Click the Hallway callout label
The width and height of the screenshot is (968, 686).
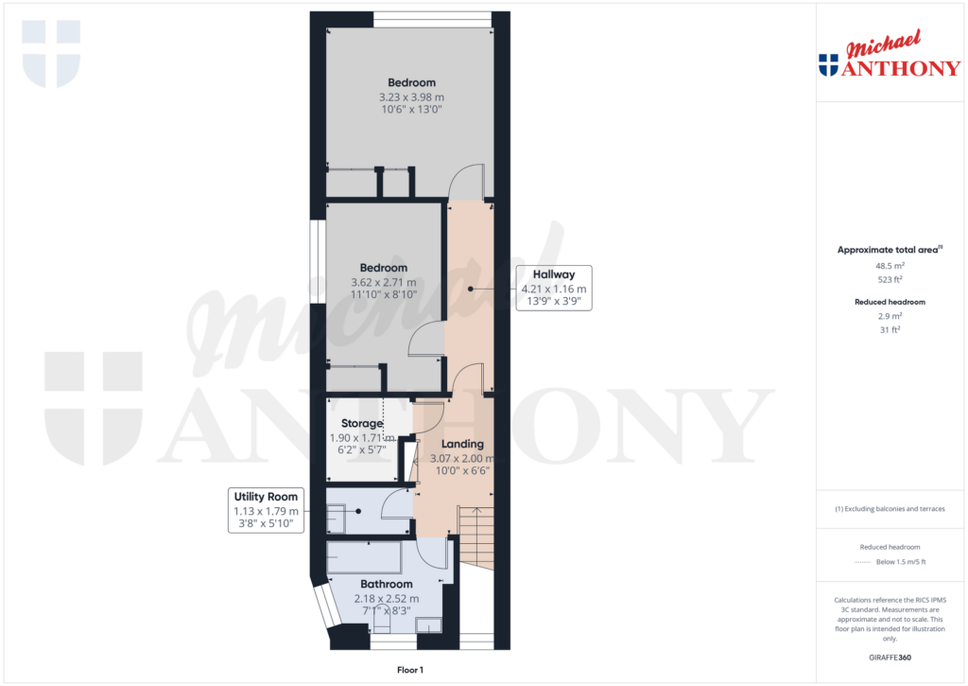(553, 275)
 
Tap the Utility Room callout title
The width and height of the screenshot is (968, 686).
(266, 497)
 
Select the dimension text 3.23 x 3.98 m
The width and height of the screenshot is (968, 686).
(411, 97)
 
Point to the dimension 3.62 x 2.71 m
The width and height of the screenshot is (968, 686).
(385, 282)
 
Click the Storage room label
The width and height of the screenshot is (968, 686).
(355, 424)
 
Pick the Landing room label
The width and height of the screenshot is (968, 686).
(462, 444)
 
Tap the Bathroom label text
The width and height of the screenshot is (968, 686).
(386, 585)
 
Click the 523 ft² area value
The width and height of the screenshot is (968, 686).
(889, 280)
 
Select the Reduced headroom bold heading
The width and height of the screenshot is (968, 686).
(889, 302)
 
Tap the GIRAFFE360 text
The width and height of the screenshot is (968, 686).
(890, 657)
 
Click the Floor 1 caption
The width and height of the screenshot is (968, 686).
(410, 670)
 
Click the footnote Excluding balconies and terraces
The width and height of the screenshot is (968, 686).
(890, 509)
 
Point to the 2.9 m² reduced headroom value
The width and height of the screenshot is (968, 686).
(889, 316)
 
